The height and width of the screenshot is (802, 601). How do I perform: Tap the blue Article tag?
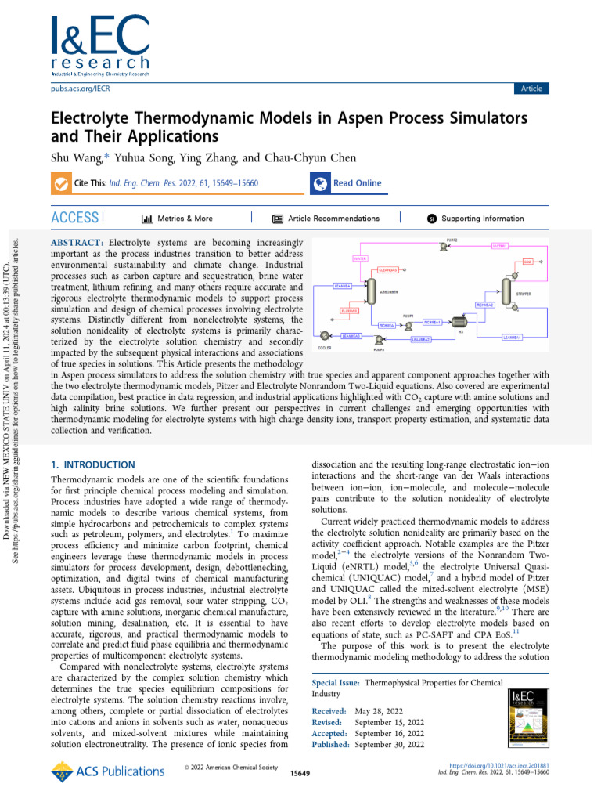tap(531, 89)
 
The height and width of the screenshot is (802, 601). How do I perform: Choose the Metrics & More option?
tap(177, 219)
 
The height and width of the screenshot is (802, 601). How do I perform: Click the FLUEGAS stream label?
tap(349, 311)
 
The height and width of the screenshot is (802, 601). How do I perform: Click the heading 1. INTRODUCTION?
tap(92, 464)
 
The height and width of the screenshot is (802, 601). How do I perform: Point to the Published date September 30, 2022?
tap(390, 744)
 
